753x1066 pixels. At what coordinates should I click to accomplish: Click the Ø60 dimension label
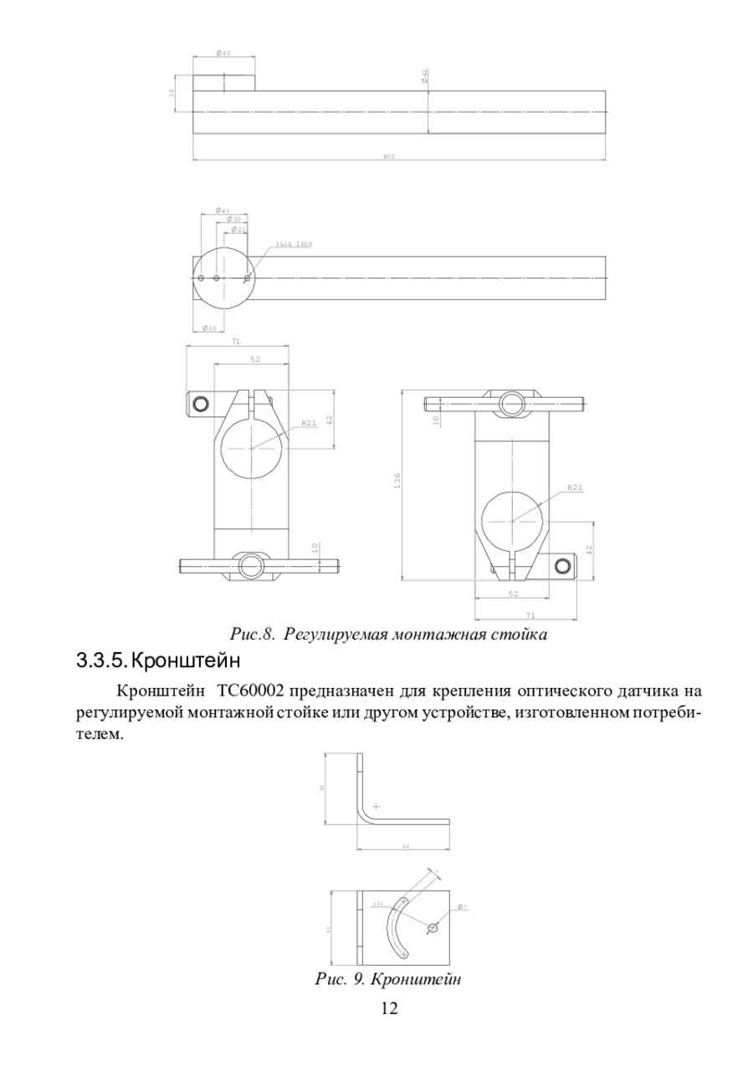[x=223, y=54]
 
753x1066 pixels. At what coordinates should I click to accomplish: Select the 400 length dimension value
[x=388, y=156]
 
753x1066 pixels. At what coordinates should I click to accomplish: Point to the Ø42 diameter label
[x=424, y=76]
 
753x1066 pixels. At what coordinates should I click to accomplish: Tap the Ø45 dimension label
[x=223, y=211]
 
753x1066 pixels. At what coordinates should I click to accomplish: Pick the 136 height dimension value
[x=397, y=482]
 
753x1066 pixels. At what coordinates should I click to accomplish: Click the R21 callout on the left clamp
[x=309, y=423]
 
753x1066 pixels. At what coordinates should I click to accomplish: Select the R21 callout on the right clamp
[x=575, y=487]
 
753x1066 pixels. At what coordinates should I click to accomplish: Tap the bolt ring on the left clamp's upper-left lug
[x=200, y=405]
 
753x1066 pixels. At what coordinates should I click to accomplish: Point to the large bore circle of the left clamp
[x=248, y=449]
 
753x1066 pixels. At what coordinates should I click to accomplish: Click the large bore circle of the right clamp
[x=513, y=521]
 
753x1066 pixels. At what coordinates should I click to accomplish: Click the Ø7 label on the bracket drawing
[x=462, y=906]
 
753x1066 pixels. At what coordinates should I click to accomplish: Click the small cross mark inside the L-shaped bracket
[x=376, y=806]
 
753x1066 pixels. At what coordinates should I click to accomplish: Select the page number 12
[x=389, y=1008]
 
